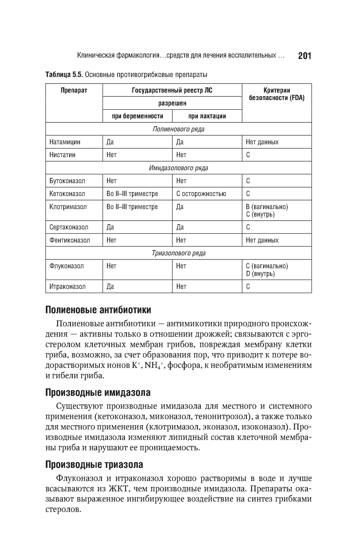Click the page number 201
tap(304, 56)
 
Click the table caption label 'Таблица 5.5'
tap(64, 74)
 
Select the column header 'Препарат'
tap(74, 90)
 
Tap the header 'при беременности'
tap(138, 116)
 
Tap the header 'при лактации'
tap(207, 116)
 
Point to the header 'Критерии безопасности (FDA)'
tap(276, 94)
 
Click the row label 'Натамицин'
tap(65, 142)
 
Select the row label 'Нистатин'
tap(62, 155)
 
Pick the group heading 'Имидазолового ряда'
tap(178, 168)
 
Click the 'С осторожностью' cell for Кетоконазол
tap(201, 194)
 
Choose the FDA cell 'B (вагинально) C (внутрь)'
tap(267, 211)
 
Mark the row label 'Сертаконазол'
tap(69, 227)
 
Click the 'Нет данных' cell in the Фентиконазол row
tap(262, 240)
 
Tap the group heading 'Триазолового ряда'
tap(178, 253)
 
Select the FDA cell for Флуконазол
tap(267, 270)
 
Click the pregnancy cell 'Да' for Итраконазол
tap(110, 286)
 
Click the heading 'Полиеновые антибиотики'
tap(98, 310)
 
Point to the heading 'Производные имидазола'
tap(98, 392)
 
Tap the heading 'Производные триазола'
tap(94, 465)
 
